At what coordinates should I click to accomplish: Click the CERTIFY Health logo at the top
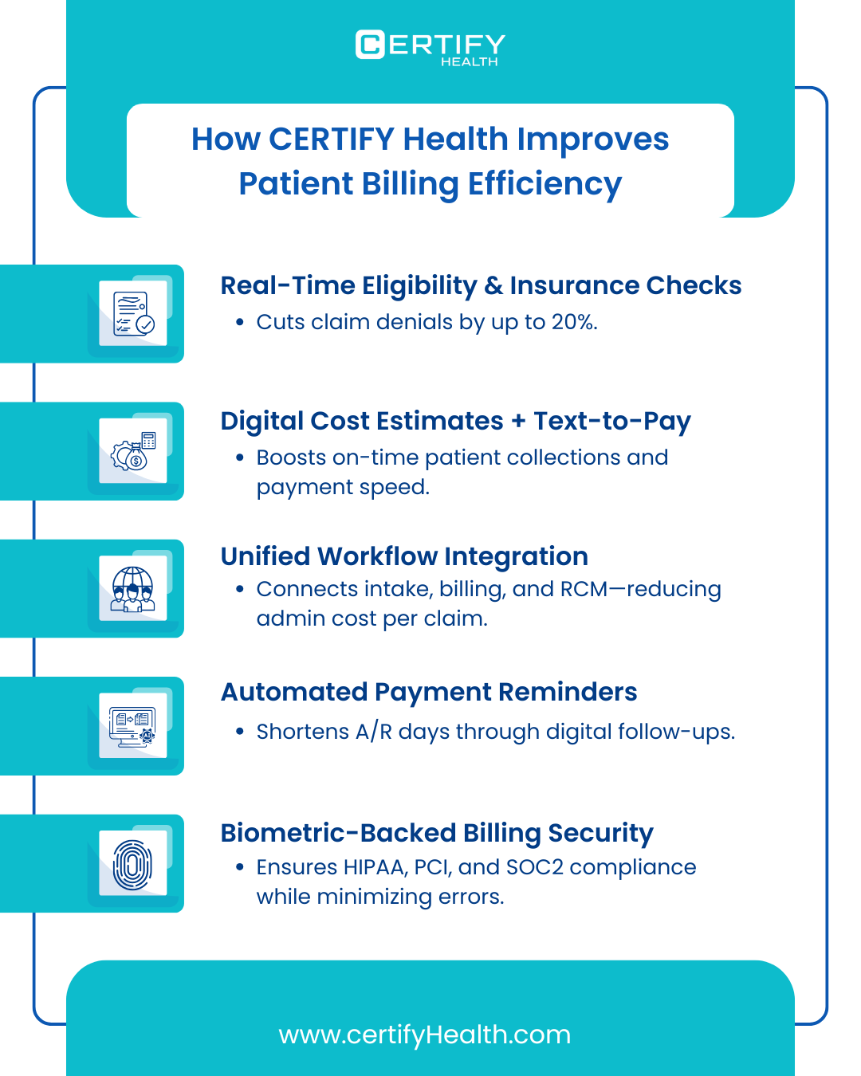click(x=430, y=47)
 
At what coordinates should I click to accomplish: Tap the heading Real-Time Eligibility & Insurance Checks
click(x=481, y=285)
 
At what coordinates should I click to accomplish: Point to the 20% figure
click(x=573, y=322)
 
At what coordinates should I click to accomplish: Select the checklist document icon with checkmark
click(x=133, y=313)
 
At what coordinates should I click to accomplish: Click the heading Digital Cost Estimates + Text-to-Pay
click(x=455, y=421)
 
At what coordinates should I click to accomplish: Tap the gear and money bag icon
click(x=133, y=451)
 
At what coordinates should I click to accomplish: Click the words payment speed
click(x=343, y=487)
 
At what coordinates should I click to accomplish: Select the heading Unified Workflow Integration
click(x=404, y=556)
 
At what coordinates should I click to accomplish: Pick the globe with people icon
click(x=133, y=588)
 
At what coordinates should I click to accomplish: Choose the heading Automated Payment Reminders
click(x=429, y=692)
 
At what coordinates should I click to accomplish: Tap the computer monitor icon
click(x=133, y=726)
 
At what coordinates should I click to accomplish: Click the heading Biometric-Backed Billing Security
click(x=437, y=833)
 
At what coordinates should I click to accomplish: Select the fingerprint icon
click(x=133, y=864)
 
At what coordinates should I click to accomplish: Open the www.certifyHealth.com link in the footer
click(x=425, y=1035)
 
